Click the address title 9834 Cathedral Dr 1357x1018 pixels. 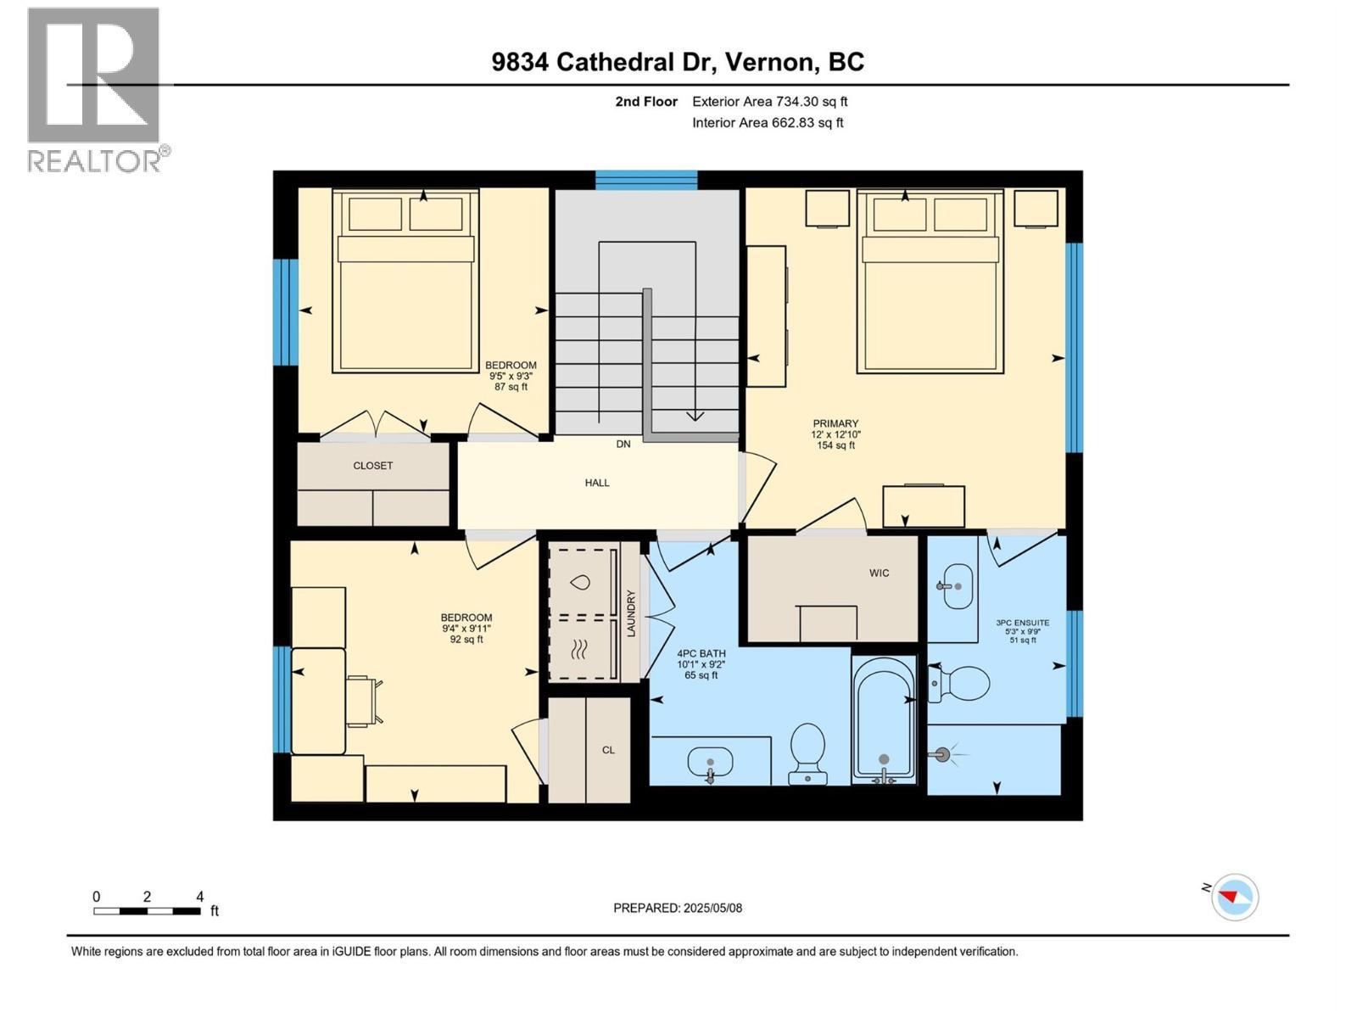click(678, 62)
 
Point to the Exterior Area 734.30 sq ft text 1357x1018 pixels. click(769, 102)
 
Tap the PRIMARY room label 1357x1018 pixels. click(835, 424)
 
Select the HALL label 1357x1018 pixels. click(597, 483)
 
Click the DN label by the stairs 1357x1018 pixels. click(623, 445)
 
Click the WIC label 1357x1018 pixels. click(879, 573)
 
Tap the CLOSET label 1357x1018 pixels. click(373, 466)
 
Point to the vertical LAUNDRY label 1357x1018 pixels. click(631, 613)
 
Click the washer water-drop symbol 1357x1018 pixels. click(581, 583)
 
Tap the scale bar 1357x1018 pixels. click(147, 911)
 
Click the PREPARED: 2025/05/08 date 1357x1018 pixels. click(678, 909)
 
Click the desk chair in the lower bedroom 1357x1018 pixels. click(362, 701)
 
